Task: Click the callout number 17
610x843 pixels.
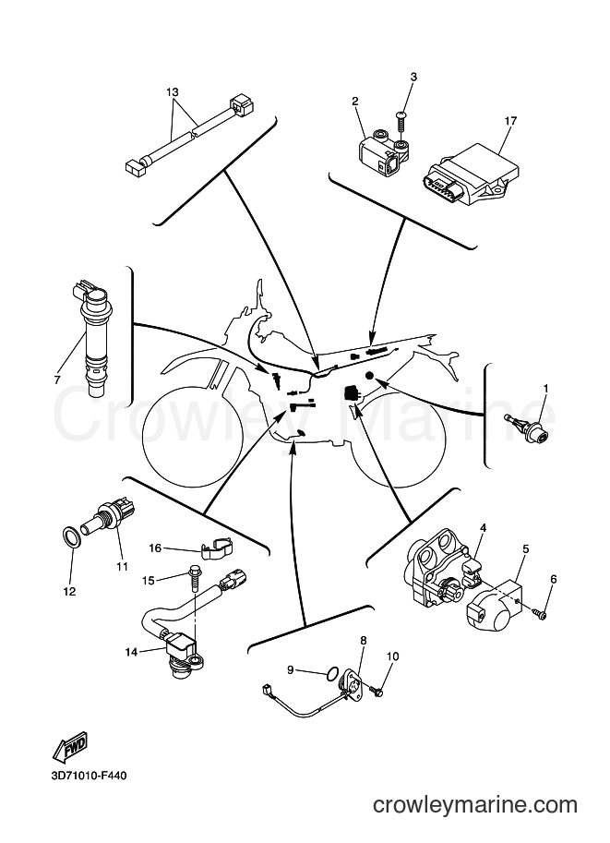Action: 510,121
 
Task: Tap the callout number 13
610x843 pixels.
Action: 172,92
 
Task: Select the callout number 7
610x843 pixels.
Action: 57,380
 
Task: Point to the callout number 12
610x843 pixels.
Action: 69,591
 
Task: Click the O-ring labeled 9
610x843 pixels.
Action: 332,672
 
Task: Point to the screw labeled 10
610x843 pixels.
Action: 377,691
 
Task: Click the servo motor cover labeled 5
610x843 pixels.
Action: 494,609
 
